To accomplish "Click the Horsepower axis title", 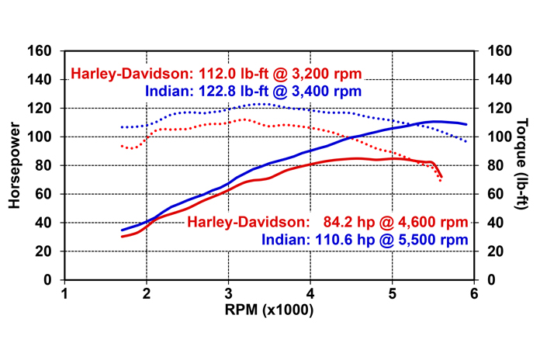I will (15, 164).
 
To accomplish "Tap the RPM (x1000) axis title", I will (269, 311).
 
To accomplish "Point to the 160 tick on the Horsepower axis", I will (41, 51).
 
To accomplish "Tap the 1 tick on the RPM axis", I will (64, 294).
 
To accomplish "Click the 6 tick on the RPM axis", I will (473, 294).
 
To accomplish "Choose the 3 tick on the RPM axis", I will (228, 294).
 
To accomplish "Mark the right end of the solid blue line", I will (466, 124).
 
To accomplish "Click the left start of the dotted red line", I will (122, 145).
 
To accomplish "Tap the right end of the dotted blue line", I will (466, 141).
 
